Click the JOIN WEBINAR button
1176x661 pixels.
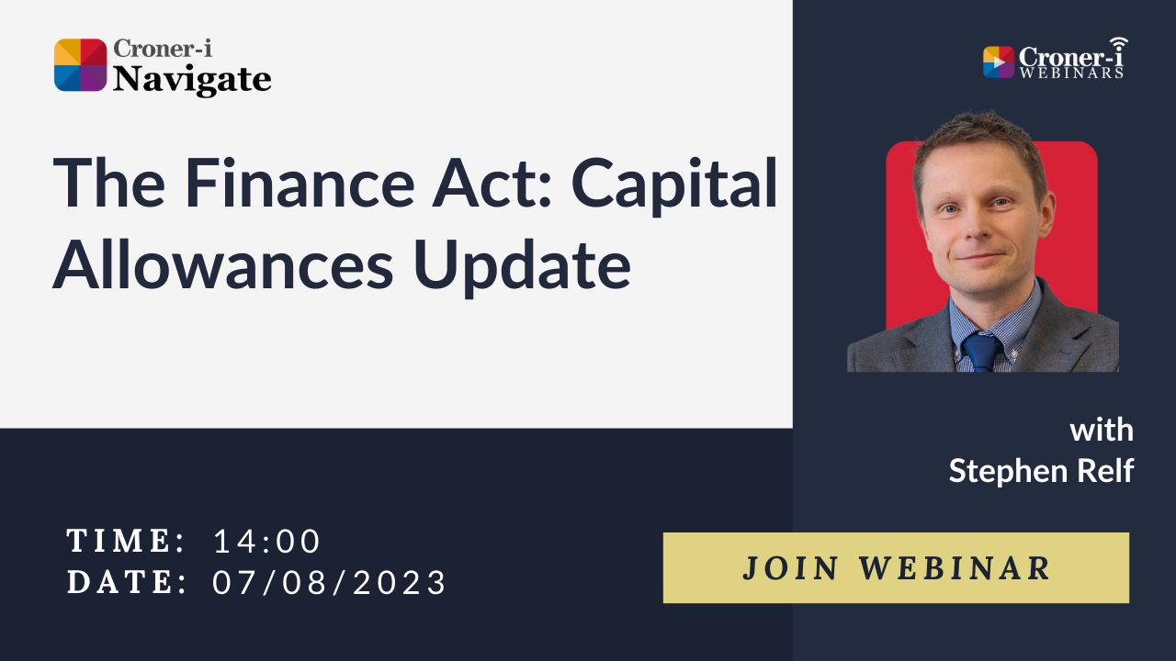point(896,567)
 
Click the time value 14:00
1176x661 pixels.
point(267,542)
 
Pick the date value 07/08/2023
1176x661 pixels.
point(330,582)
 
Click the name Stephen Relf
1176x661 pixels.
point(1041,471)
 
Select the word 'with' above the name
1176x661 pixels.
point(1102,430)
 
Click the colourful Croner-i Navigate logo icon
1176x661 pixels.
point(81,65)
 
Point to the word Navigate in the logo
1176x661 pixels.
point(192,80)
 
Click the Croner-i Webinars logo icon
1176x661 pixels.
point(998,62)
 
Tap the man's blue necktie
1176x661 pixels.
point(981,352)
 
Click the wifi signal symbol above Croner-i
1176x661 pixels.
point(1117,44)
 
